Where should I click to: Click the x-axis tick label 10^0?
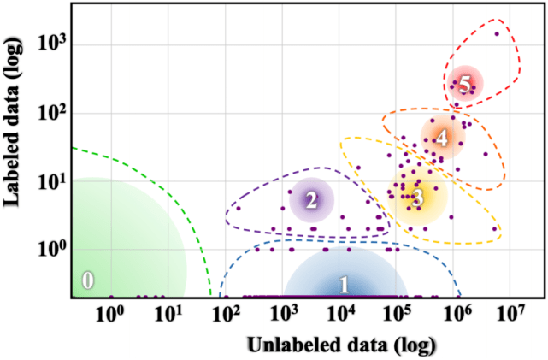(110, 314)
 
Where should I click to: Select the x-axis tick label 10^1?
(168, 314)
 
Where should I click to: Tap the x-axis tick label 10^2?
(225, 314)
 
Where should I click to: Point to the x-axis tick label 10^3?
(283, 314)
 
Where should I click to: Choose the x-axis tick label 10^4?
(340, 314)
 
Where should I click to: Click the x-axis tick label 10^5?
(398, 314)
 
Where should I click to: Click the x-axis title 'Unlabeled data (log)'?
(341, 345)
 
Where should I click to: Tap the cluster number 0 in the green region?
(87, 280)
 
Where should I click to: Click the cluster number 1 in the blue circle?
(344, 285)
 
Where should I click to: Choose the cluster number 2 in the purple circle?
(311, 201)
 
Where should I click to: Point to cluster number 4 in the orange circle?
(441, 137)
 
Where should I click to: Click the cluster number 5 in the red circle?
(464, 85)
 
